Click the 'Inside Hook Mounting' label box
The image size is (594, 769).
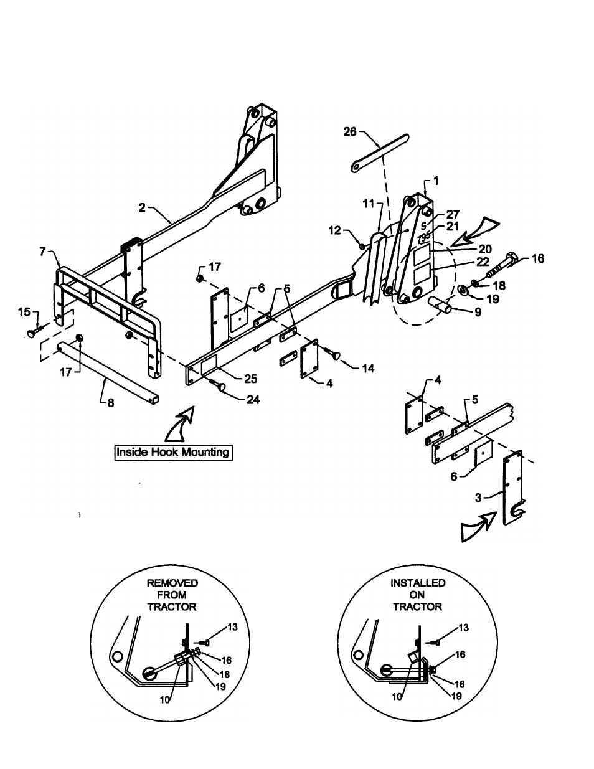(x=173, y=452)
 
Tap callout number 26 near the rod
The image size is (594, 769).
(x=350, y=131)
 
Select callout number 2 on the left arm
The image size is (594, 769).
(x=142, y=208)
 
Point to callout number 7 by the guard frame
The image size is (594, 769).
(x=43, y=252)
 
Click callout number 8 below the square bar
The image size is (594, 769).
(x=111, y=403)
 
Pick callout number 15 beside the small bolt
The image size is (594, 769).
(x=24, y=312)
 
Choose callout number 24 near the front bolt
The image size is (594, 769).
(x=253, y=400)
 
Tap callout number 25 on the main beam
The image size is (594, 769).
(x=251, y=379)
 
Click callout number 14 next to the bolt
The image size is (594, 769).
(x=368, y=369)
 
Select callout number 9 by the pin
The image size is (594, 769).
(x=478, y=312)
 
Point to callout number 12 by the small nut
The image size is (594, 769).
(x=335, y=230)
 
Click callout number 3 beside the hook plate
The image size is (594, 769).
(x=478, y=498)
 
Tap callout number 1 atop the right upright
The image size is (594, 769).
(x=436, y=181)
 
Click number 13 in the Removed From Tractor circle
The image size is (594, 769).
(x=232, y=627)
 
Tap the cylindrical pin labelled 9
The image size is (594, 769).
(x=440, y=304)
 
